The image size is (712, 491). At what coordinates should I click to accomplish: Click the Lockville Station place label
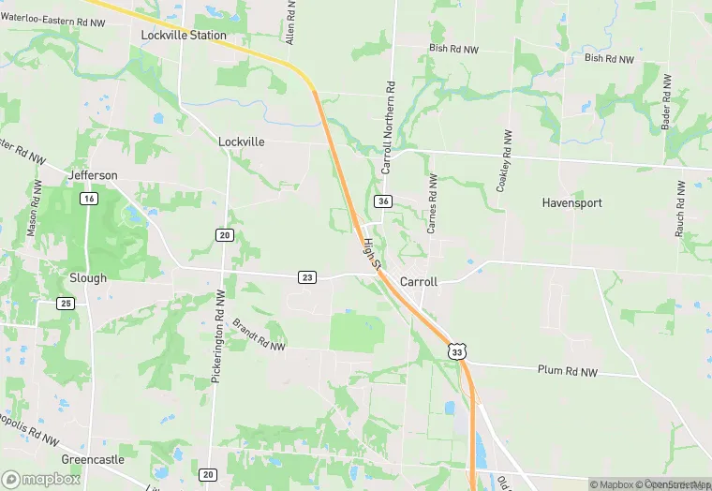pos(184,36)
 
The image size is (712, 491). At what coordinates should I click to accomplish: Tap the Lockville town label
pos(242,141)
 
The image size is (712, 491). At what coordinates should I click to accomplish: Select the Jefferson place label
pos(93,175)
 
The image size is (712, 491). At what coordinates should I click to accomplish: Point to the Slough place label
pos(88,278)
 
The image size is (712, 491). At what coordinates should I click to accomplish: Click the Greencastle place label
pos(93,460)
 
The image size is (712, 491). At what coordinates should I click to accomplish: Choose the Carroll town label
pos(419,282)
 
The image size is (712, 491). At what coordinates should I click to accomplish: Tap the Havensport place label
pos(572,202)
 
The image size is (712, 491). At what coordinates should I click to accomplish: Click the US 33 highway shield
pos(456,350)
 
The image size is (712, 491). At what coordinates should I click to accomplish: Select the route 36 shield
pos(383,201)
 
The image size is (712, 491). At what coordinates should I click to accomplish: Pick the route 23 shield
pos(307,277)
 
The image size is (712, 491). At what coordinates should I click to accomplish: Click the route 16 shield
pos(89,199)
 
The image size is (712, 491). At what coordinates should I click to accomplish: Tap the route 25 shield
pos(65,304)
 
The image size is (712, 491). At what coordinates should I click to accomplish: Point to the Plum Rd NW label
pos(568,371)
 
